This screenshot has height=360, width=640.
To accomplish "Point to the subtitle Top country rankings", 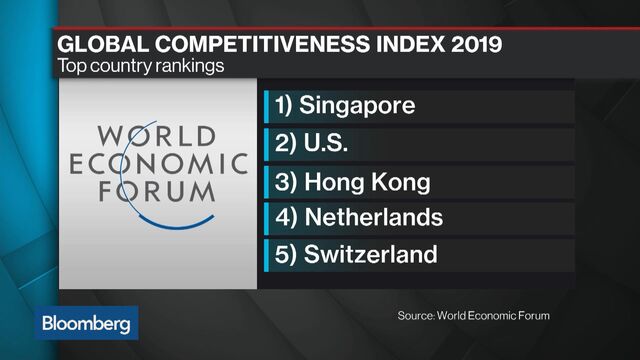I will click(142, 68).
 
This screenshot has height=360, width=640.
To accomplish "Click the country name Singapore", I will click(358, 105).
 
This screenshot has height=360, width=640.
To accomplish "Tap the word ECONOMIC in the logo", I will click(159, 163).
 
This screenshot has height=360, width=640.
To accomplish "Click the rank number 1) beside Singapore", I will click(286, 105).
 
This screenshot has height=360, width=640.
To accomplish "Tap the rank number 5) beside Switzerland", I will click(287, 254).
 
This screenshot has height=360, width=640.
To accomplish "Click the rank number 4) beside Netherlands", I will click(287, 217).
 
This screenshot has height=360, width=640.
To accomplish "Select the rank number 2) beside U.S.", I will click(287, 143).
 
